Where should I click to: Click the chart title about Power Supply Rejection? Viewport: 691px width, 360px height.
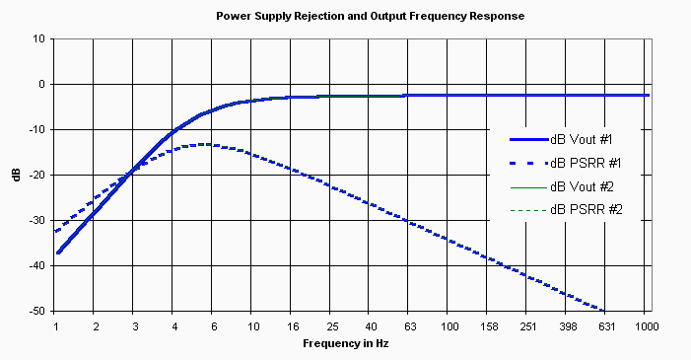click(370, 17)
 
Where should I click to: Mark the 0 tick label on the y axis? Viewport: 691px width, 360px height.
click(41, 85)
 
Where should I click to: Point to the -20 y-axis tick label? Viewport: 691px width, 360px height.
click(37, 176)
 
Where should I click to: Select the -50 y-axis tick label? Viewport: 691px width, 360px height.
click(37, 311)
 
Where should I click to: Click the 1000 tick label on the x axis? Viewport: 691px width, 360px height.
click(646, 325)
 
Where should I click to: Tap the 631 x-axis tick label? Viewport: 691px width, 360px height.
click(605, 325)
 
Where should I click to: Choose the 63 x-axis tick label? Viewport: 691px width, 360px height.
click(409, 325)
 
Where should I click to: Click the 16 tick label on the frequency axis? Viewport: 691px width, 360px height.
click(291, 325)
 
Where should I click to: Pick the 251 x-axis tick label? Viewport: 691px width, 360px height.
click(527, 325)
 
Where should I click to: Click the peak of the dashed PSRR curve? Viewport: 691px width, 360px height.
click(203, 144)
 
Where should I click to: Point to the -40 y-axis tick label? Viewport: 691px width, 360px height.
click(37, 265)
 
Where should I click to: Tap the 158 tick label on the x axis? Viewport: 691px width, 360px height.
click(488, 325)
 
